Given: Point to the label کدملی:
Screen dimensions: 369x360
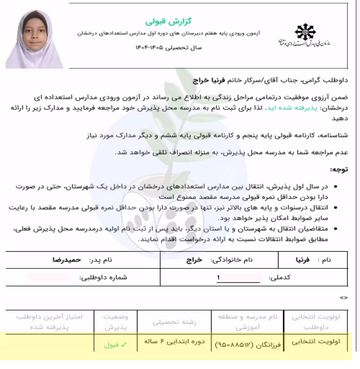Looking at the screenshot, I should tap(279, 278).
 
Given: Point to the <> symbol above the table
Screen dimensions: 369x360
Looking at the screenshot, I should tap(344, 297).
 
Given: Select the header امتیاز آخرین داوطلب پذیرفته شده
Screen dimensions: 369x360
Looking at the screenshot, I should tap(49, 321).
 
